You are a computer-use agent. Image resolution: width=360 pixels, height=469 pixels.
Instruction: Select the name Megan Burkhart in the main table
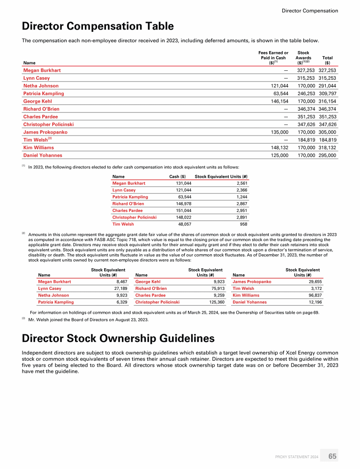coord(42,70)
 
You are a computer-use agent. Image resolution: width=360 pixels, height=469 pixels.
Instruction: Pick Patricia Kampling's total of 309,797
coord(327,93)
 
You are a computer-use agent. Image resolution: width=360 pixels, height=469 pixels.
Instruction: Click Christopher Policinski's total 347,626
coord(327,124)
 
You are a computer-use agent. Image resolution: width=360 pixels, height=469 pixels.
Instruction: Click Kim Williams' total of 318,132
coord(327,147)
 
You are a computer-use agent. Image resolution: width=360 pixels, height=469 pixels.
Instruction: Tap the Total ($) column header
coord(327,60)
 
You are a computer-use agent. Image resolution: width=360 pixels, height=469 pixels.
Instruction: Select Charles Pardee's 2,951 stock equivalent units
coord(241,211)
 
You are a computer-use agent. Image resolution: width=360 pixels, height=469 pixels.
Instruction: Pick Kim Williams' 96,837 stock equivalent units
coord(311,295)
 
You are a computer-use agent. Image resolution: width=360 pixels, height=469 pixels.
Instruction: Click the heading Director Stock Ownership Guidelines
coord(118,338)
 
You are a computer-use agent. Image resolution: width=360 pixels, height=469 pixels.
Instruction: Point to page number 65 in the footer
coord(332,456)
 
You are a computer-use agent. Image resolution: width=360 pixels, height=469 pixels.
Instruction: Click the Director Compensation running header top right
coord(310,11)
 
